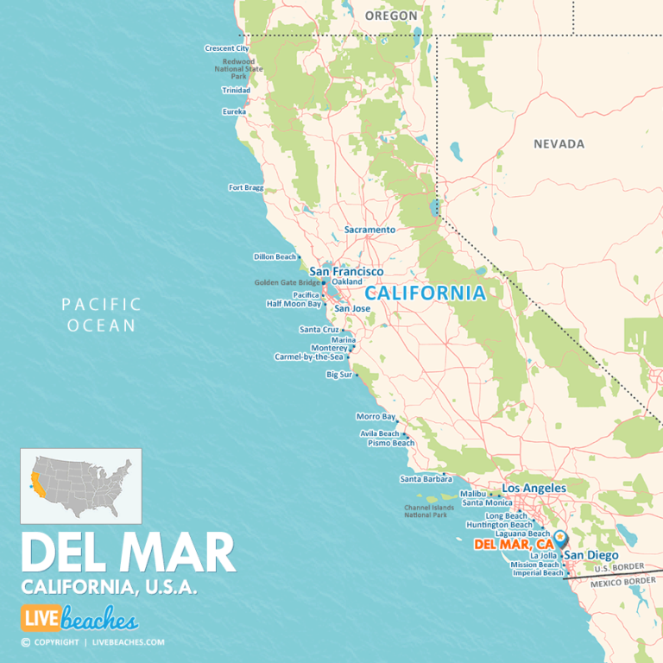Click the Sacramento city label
click(x=369, y=230)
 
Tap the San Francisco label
click(x=346, y=271)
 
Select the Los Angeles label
click(x=534, y=488)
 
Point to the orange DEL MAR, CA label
click(x=514, y=545)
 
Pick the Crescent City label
click(x=226, y=48)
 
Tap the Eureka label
click(x=234, y=111)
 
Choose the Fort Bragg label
click(x=245, y=187)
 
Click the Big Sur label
click(x=338, y=375)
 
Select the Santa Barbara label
click(x=420, y=479)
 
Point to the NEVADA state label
click(x=559, y=144)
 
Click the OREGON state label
click(x=391, y=16)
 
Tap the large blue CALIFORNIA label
click(x=425, y=293)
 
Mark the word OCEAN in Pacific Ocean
click(x=101, y=325)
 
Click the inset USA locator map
click(x=81, y=486)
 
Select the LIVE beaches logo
click(x=79, y=619)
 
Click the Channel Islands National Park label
click(x=426, y=511)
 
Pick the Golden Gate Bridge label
click(x=287, y=282)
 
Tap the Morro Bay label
click(x=376, y=416)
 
